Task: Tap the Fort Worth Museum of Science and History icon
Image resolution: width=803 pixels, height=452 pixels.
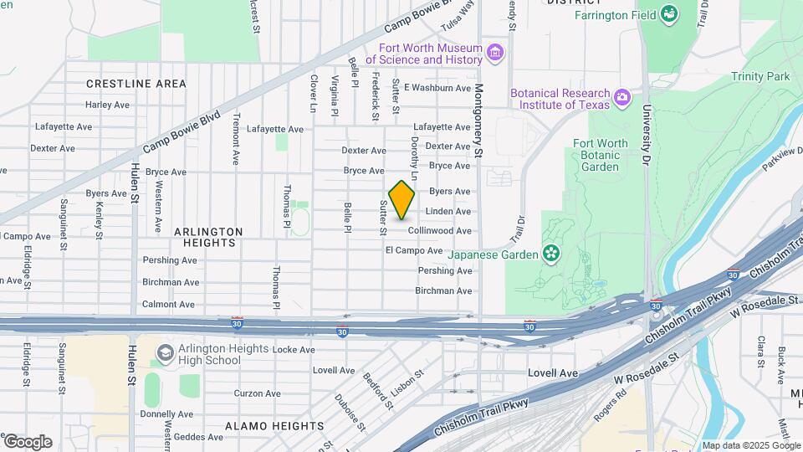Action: [x=496, y=54]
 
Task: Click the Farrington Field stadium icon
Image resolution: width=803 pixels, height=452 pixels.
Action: [x=668, y=14]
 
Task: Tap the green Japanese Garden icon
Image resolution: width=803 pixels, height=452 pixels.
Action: [x=550, y=252]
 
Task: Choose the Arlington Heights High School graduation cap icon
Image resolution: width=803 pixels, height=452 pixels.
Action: [x=165, y=354]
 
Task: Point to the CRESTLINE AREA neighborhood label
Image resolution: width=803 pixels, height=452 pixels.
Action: [x=136, y=84]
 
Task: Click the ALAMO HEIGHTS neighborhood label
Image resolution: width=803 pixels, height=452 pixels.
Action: [x=274, y=426]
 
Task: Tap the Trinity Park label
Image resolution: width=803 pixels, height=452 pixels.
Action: [x=760, y=77]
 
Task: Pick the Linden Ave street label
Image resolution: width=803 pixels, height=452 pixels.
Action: [x=448, y=212]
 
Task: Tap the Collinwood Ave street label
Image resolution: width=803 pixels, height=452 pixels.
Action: [x=440, y=231]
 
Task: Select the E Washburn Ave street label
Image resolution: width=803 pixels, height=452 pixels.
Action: [x=437, y=88]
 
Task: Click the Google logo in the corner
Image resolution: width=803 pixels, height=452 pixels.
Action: [x=28, y=442]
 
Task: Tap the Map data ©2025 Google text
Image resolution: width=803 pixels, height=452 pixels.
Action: [x=750, y=445]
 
